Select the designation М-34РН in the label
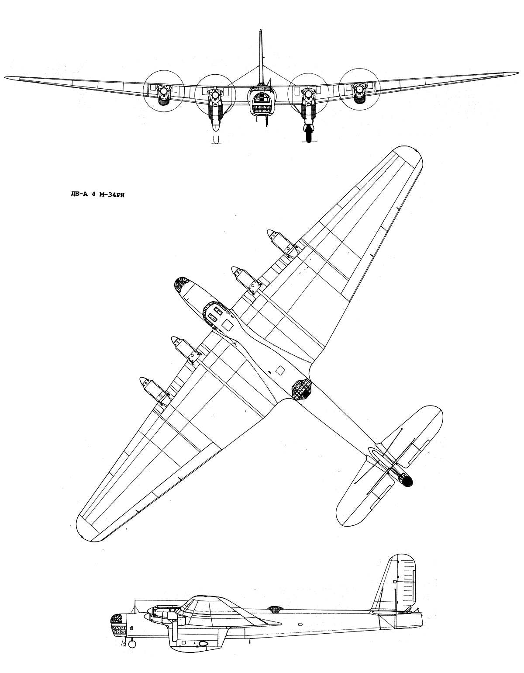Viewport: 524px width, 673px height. pyautogui.click(x=112, y=196)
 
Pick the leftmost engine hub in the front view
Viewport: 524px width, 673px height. pyautogui.click(x=163, y=90)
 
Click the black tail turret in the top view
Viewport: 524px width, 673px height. pyautogui.click(x=407, y=480)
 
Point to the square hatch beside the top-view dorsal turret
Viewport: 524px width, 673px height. pyautogui.click(x=280, y=370)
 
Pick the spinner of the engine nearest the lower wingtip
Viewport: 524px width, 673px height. pyautogui.click(x=144, y=380)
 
